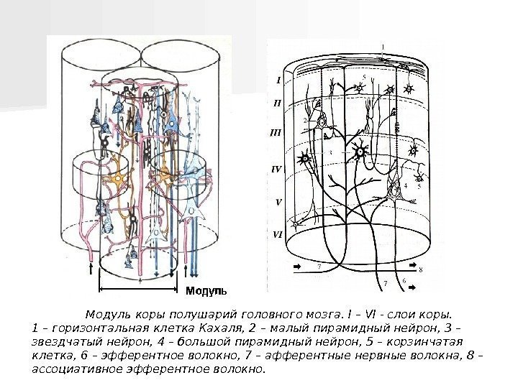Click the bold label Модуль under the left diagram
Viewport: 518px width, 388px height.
206,291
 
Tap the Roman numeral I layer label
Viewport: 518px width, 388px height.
278,80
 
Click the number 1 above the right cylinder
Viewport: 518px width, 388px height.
383,47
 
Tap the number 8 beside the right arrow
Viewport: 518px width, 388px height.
421,270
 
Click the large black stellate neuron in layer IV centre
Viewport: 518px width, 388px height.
360,151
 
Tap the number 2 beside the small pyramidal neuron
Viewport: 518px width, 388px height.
305,122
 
